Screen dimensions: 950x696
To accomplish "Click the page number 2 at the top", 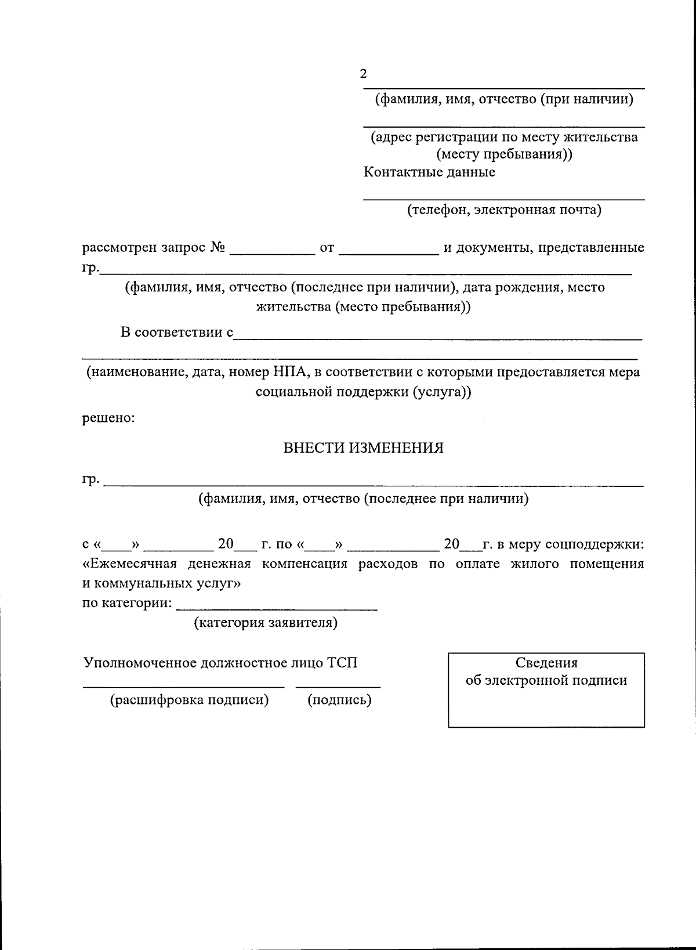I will [363, 74].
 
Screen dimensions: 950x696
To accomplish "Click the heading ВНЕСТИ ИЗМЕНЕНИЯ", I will [363, 447].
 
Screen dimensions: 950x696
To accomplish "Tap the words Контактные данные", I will [429, 172].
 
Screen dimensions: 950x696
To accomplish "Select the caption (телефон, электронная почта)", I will [503, 209].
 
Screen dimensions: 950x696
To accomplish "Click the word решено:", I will [108, 417].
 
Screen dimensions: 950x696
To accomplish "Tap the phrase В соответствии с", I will [176, 332].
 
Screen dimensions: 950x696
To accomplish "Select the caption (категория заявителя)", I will [266, 623].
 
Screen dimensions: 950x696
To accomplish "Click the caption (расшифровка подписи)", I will [190, 700].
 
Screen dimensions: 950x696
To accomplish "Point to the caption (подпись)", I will [339, 700].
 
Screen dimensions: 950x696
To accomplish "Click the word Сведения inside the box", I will [546, 663].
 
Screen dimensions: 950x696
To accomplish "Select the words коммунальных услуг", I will [168, 583].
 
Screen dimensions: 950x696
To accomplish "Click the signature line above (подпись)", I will [338, 687].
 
